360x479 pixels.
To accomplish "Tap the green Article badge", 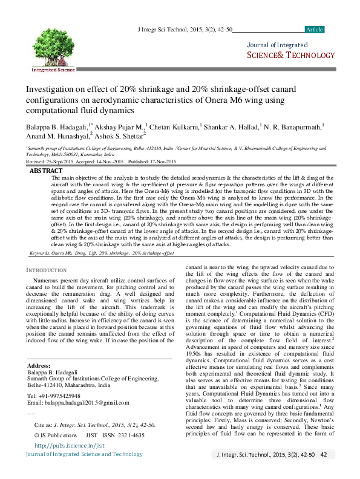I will pos(315,30).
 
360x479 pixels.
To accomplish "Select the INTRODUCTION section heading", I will pos(50,269).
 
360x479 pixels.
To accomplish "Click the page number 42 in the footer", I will pos(324,454).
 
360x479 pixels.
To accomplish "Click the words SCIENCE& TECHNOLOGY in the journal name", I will pos(290,56).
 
